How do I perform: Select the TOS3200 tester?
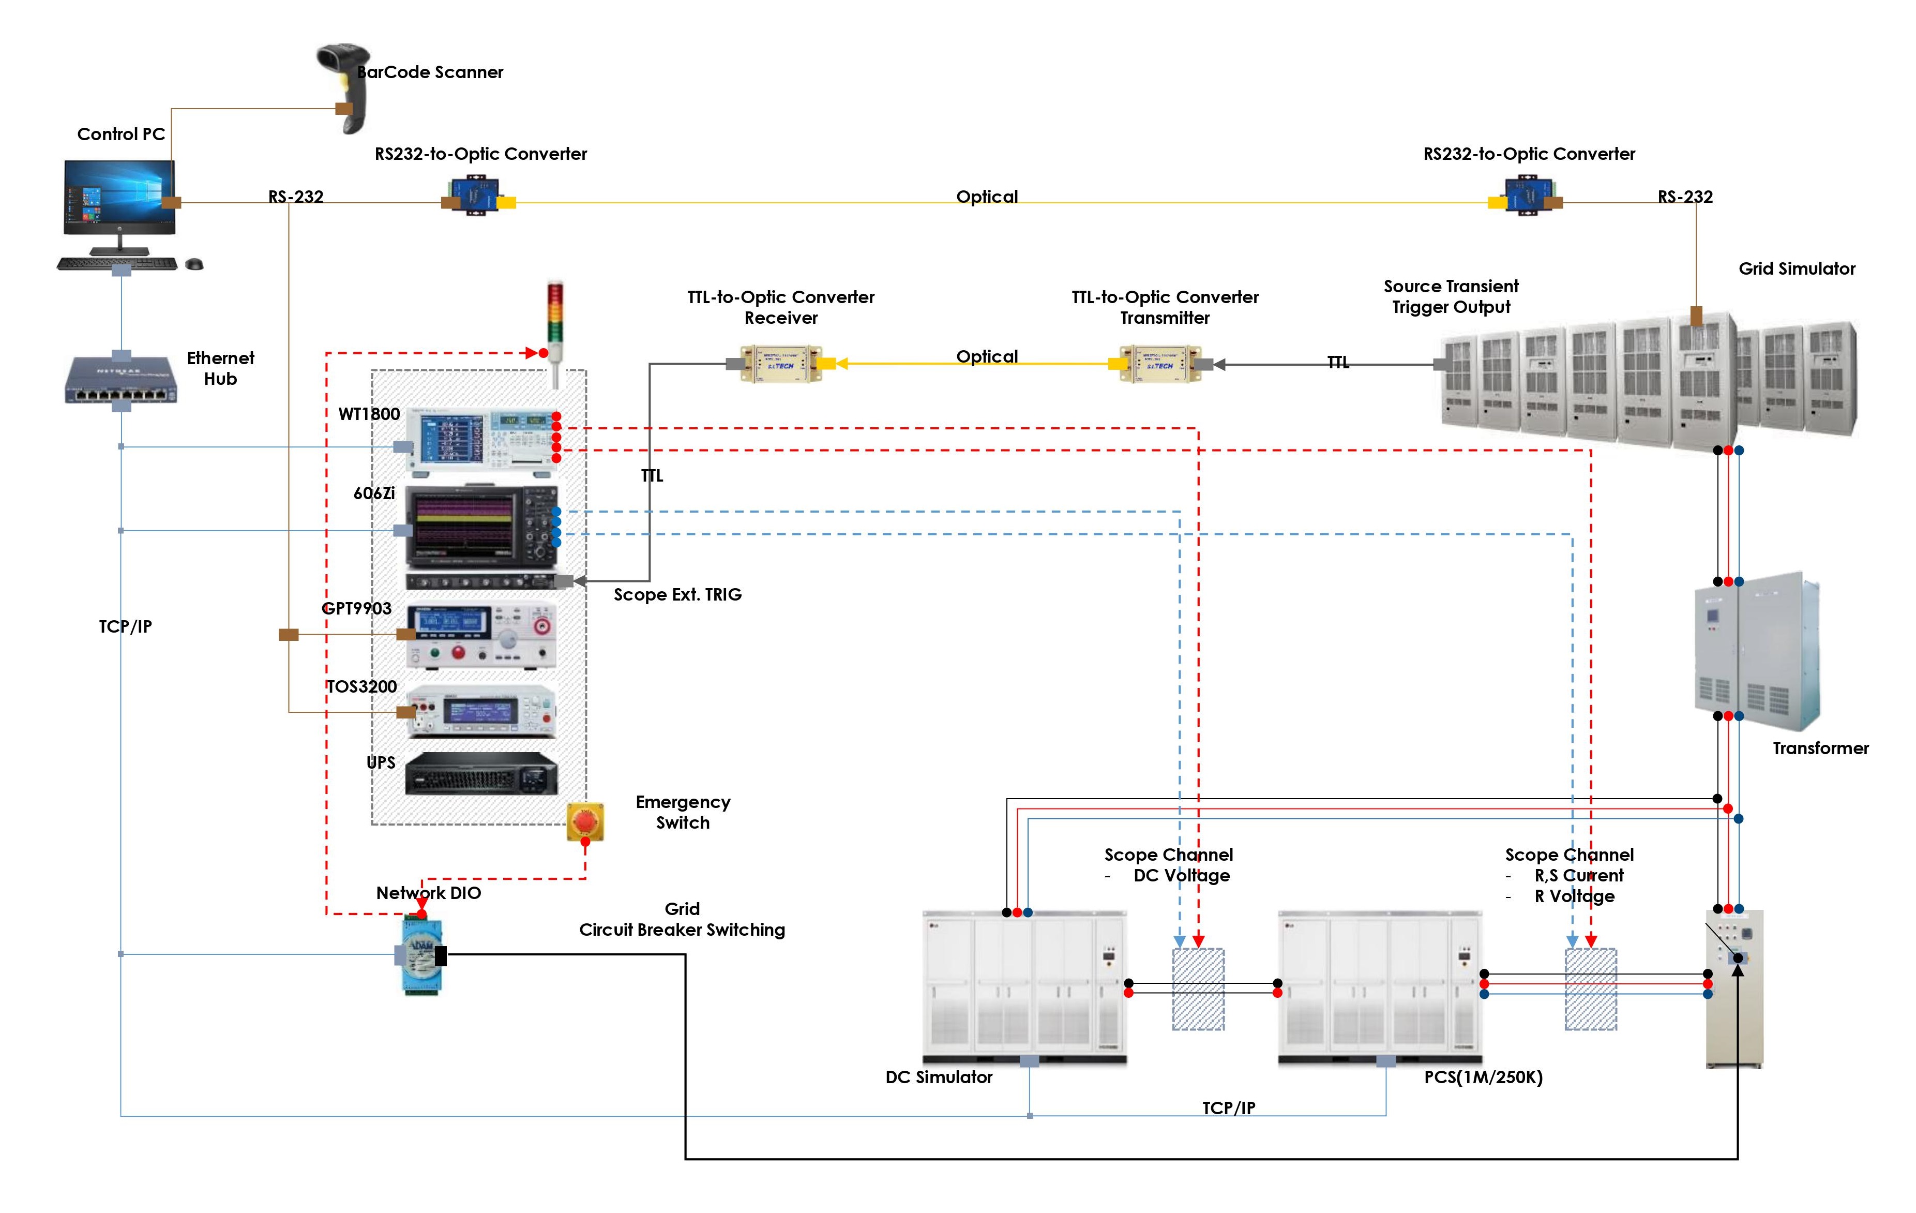[x=480, y=711]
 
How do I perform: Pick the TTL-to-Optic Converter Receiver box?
[x=780, y=365]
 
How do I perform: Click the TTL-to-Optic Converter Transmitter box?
[x=1160, y=365]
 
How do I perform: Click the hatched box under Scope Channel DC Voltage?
[x=1198, y=990]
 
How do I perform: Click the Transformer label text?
[x=1820, y=748]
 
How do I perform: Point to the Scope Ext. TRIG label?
[x=677, y=594]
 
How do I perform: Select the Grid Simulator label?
[x=1797, y=269]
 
